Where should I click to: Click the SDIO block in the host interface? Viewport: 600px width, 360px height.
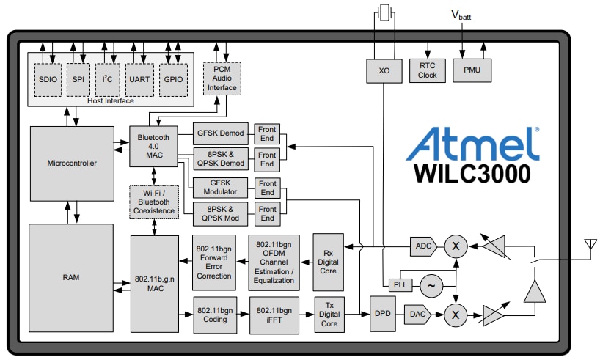point(48,79)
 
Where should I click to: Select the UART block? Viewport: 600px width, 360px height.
point(139,79)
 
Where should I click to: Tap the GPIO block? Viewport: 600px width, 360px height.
point(175,79)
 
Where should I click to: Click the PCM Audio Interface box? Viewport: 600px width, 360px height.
point(221,78)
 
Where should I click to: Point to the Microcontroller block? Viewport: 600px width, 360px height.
point(71,163)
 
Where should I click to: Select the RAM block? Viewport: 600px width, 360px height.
point(71,278)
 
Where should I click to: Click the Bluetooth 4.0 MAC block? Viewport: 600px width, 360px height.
point(153,145)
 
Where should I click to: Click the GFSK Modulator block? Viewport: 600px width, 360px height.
point(221,186)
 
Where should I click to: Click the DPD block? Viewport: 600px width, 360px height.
point(383,314)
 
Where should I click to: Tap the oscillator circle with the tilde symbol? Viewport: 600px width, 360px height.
point(431,285)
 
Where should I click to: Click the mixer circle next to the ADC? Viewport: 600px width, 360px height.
point(456,246)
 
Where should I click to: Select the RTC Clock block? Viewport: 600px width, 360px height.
point(428,70)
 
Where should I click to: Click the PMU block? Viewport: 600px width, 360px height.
point(472,70)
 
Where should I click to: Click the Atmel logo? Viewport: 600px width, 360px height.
point(473,143)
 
